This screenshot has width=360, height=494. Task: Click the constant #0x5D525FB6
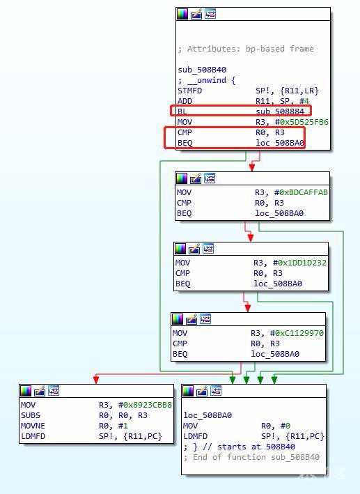(304, 122)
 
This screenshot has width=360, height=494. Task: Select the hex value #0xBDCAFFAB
(304, 192)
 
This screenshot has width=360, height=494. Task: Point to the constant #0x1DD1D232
(302, 263)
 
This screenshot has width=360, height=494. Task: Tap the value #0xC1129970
(299, 333)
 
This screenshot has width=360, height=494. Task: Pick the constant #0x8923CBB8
(148, 405)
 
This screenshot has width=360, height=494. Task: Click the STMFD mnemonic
(189, 91)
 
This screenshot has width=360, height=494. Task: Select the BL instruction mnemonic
(182, 111)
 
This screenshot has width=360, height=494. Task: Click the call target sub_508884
(280, 111)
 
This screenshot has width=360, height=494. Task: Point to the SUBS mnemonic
(30, 415)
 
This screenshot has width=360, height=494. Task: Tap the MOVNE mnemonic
(33, 426)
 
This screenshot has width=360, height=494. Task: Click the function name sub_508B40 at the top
(202, 70)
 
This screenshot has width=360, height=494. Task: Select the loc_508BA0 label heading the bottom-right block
(208, 415)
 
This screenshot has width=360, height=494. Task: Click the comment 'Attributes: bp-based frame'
(251, 49)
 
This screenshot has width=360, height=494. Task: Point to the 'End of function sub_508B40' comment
(256, 457)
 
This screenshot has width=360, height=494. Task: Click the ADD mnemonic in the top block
(185, 101)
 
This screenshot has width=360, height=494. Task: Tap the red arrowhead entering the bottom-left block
(96, 379)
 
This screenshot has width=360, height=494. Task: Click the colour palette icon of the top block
(182, 14)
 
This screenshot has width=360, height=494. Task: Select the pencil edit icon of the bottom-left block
(40, 391)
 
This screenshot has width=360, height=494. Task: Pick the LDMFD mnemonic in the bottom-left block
(33, 436)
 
